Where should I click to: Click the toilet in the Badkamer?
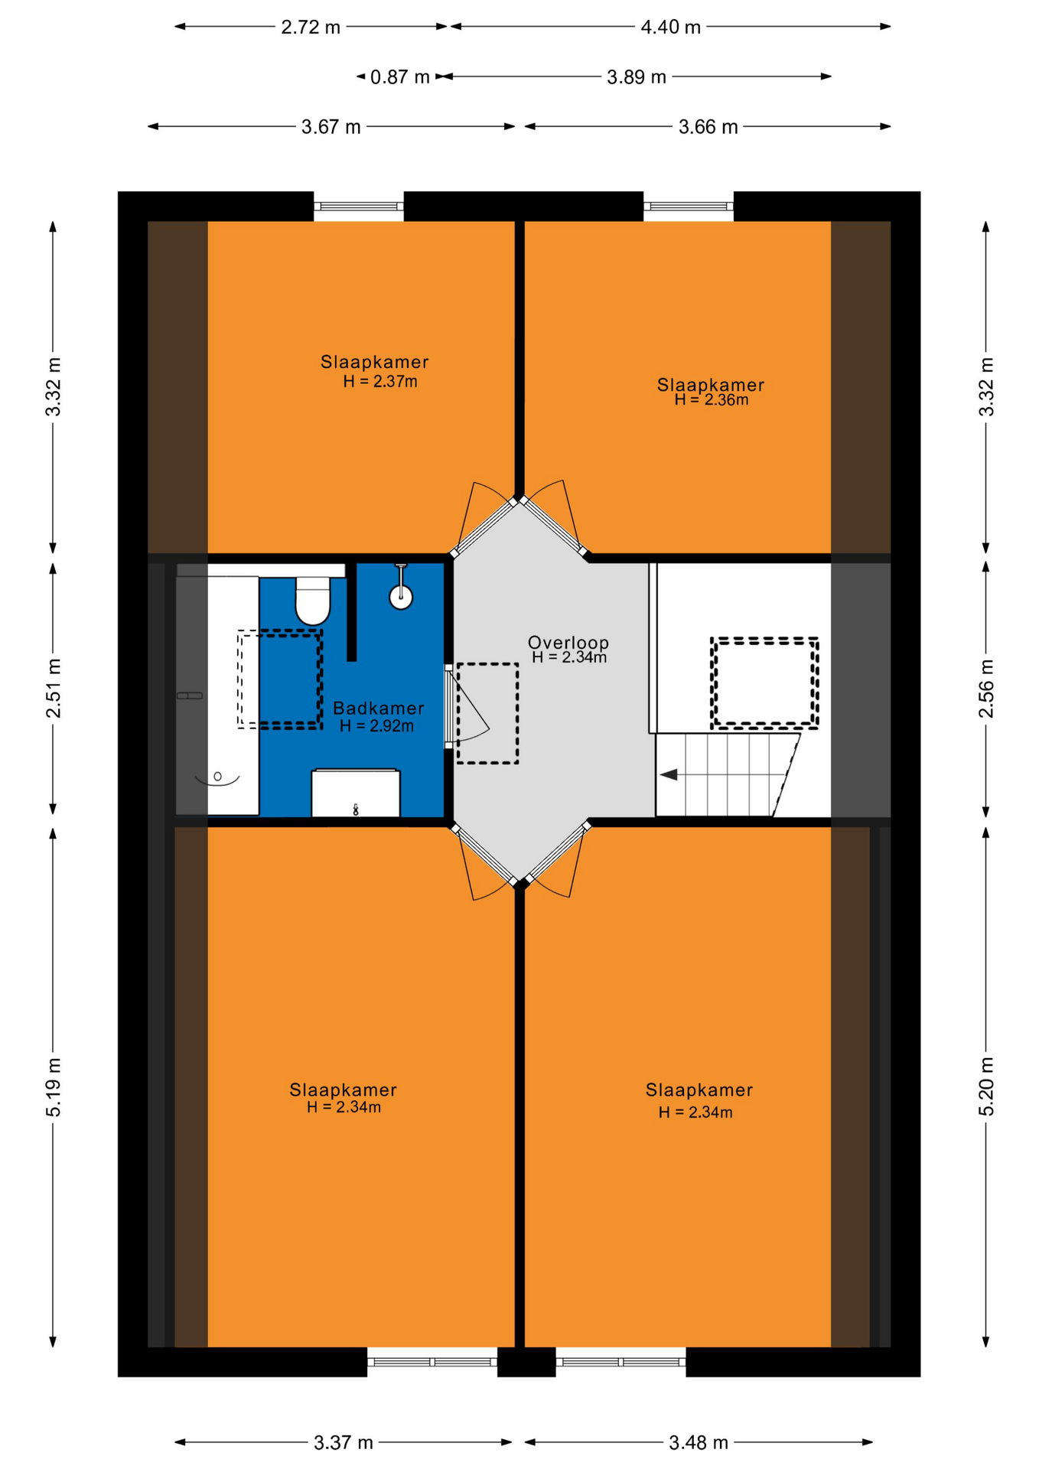coord(312,601)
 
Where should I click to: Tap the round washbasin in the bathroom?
coord(401,596)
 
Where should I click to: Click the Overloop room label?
coord(568,642)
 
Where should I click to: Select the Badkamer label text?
coord(378,708)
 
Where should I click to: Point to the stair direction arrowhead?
coord(669,775)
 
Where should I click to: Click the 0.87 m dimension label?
coord(399,77)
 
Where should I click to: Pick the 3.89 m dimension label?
coord(637,77)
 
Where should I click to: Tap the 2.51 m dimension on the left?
coord(54,688)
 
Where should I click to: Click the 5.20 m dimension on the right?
coord(986,1086)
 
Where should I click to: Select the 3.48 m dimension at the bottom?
coord(699,1442)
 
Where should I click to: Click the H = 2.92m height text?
coord(377,726)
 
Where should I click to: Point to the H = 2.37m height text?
coord(380,381)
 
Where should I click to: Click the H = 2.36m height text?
coord(712,399)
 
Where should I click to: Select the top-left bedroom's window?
coord(359,206)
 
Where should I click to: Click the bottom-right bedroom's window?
coord(620,1362)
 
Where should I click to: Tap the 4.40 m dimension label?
coord(670,28)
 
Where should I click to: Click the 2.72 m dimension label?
coord(311,28)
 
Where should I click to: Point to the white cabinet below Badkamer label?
coord(356,793)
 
